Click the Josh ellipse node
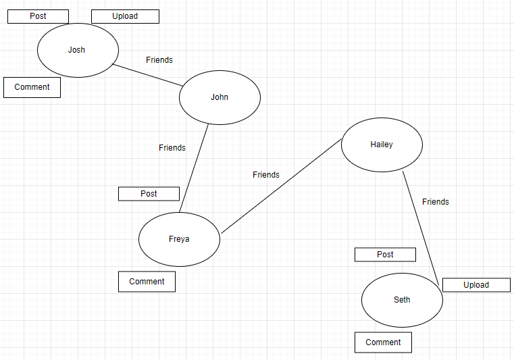pyautogui.click(x=78, y=50)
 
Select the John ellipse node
pyautogui.click(x=220, y=97)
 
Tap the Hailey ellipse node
pyautogui.click(x=382, y=145)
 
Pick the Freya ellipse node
pyautogui.click(x=179, y=239)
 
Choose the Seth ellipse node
pyautogui.click(x=402, y=300)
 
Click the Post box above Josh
pyautogui.click(x=38, y=16)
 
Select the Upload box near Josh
pyautogui.click(x=125, y=16)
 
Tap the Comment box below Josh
pyautogui.click(x=32, y=87)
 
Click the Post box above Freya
pyautogui.click(x=149, y=194)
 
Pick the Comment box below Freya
pyautogui.click(x=147, y=282)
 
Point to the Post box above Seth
pyautogui.click(x=385, y=255)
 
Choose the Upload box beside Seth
pyautogui.click(x=476, y=285)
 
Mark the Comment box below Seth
pyautogui.click(x=383, y=342)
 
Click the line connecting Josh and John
pyautogui.click(x=148, y=75)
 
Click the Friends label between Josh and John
pyautogui.click(x=159, y=60)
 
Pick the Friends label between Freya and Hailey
pyautogui.click(x=266, y=175)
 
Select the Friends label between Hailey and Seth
pyautogui.click(x=436, y=202)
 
